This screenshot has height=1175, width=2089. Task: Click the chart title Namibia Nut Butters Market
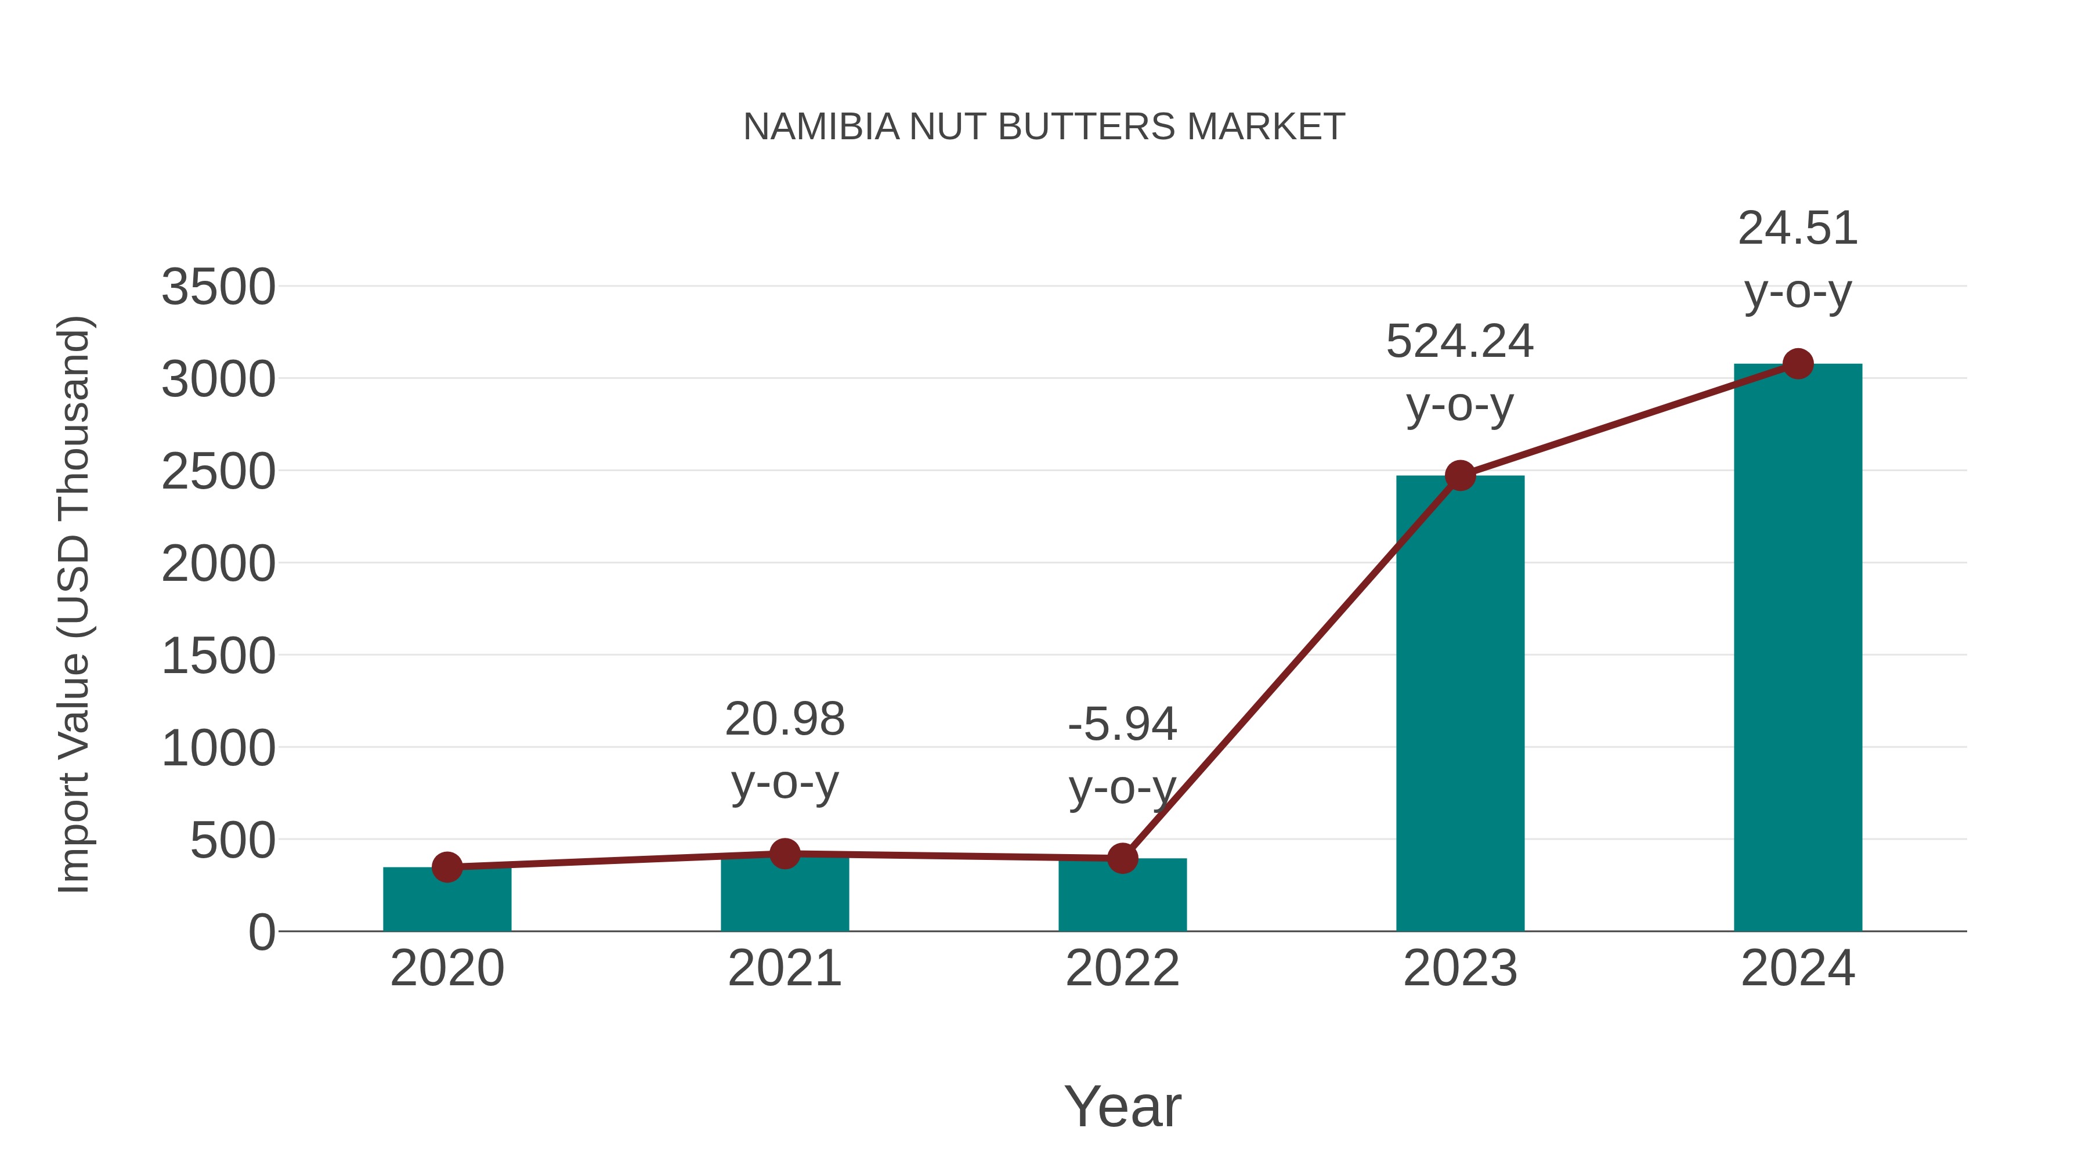click(1044, 127)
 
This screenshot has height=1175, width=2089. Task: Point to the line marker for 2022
click(1122, 858)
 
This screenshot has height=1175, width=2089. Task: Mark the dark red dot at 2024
click(1798, 364)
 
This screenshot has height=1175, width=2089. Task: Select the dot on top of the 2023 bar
click(1460, 475)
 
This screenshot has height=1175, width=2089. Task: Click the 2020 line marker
click(447, 867)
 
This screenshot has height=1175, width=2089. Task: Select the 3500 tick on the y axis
click(218, 287)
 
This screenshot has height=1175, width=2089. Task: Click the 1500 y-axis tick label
click(218, 656)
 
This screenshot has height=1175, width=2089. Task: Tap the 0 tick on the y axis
click(261, 932)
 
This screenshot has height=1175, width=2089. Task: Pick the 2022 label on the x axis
click(1122, 968)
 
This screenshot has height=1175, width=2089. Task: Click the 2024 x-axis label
click(1798, 968)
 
